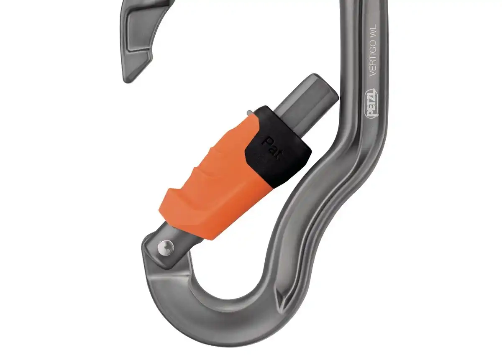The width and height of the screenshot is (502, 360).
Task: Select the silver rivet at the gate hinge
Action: [x=167, y=248]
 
